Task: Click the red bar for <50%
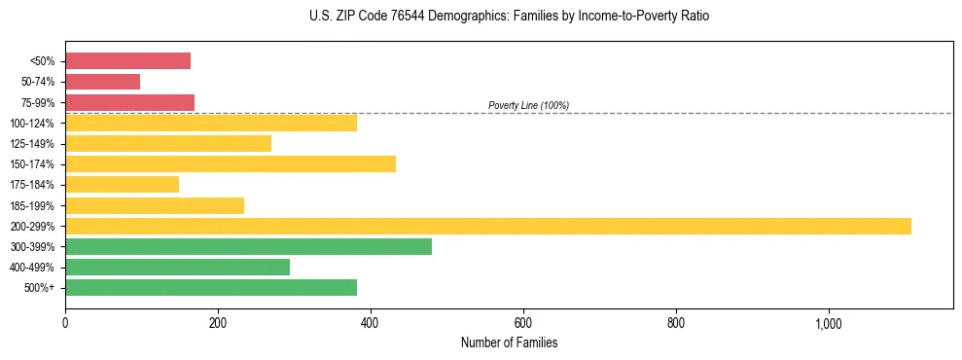pyautogui.click(x=127, y=61)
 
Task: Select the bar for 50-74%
pyautogui.click(x=102, y=82)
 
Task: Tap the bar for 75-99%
pyautogui.click(x=129, y=102)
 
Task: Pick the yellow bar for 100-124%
pyautogui.click(x=211, y=123)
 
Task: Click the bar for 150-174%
pyautogui.click(x=231, y=163)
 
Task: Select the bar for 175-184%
pyautogui.click(x=122, y=185)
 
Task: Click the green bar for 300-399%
pyautogui.click(x=248, y=246)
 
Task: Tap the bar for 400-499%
pyautogui.click(x=177, y=267)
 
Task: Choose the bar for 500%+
pyautogui.click(x=211, y=287)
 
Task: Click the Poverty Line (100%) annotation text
pyautogui.click(x=528, y=105)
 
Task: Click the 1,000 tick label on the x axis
pyautogui.click(x=829, y=324)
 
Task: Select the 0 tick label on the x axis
pyautogui.click(x=65, y=324)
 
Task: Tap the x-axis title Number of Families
pyautogui.click(x=509, y=342)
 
